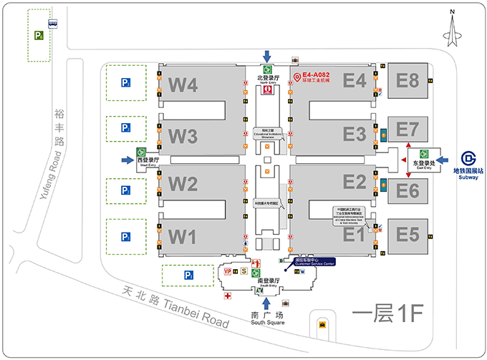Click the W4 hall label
click(183, 85)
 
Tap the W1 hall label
click(182, 235)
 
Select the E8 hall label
click(407, 80)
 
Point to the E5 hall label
click(407, 234)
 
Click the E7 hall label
click(407, 130)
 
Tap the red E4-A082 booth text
click(316, 74)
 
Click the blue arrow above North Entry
click(267, 56)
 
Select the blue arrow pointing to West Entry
click(121, 157)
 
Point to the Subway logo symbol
click(468, 157)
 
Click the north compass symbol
click(452, 29)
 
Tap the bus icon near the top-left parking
click(54, 23)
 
